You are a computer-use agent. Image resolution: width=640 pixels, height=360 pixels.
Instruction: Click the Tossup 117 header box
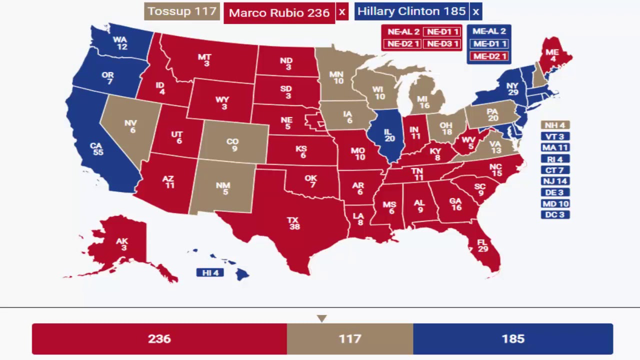[182, 11]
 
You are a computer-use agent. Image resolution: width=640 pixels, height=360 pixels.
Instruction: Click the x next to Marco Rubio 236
[342, 12]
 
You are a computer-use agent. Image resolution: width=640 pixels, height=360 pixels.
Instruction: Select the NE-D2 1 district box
[402, 44]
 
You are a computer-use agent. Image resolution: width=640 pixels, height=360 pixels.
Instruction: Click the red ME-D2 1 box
[489, 56]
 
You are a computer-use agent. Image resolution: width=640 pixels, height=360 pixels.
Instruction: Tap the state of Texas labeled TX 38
[294, 223]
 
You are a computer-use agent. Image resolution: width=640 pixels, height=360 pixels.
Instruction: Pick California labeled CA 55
[96, 149]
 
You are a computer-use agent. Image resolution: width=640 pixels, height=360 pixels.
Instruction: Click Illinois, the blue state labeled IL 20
[389, 135]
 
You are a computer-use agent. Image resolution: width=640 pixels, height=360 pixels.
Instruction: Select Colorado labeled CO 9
[232, 144]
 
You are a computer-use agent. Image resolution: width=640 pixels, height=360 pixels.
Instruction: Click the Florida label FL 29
[482, 245]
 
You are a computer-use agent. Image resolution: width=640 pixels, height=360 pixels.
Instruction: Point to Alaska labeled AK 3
[121, 244]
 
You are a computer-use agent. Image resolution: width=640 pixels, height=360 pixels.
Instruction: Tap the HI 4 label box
[210, 273]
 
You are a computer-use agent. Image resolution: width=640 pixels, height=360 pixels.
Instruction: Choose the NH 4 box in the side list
[555, 125]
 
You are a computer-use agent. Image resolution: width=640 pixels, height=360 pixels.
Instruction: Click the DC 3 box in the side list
[555, 215]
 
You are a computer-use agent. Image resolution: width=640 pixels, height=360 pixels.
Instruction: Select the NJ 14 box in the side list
[555, 181]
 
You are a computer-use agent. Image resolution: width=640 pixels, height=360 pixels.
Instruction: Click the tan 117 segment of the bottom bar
[349, 339]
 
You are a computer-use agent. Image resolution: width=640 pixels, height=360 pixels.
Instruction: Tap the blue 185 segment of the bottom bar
[512, 339]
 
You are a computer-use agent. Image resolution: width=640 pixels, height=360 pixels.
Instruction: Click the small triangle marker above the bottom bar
[321, 318]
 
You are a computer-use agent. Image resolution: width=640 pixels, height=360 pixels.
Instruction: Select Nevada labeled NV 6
[131, 126]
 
